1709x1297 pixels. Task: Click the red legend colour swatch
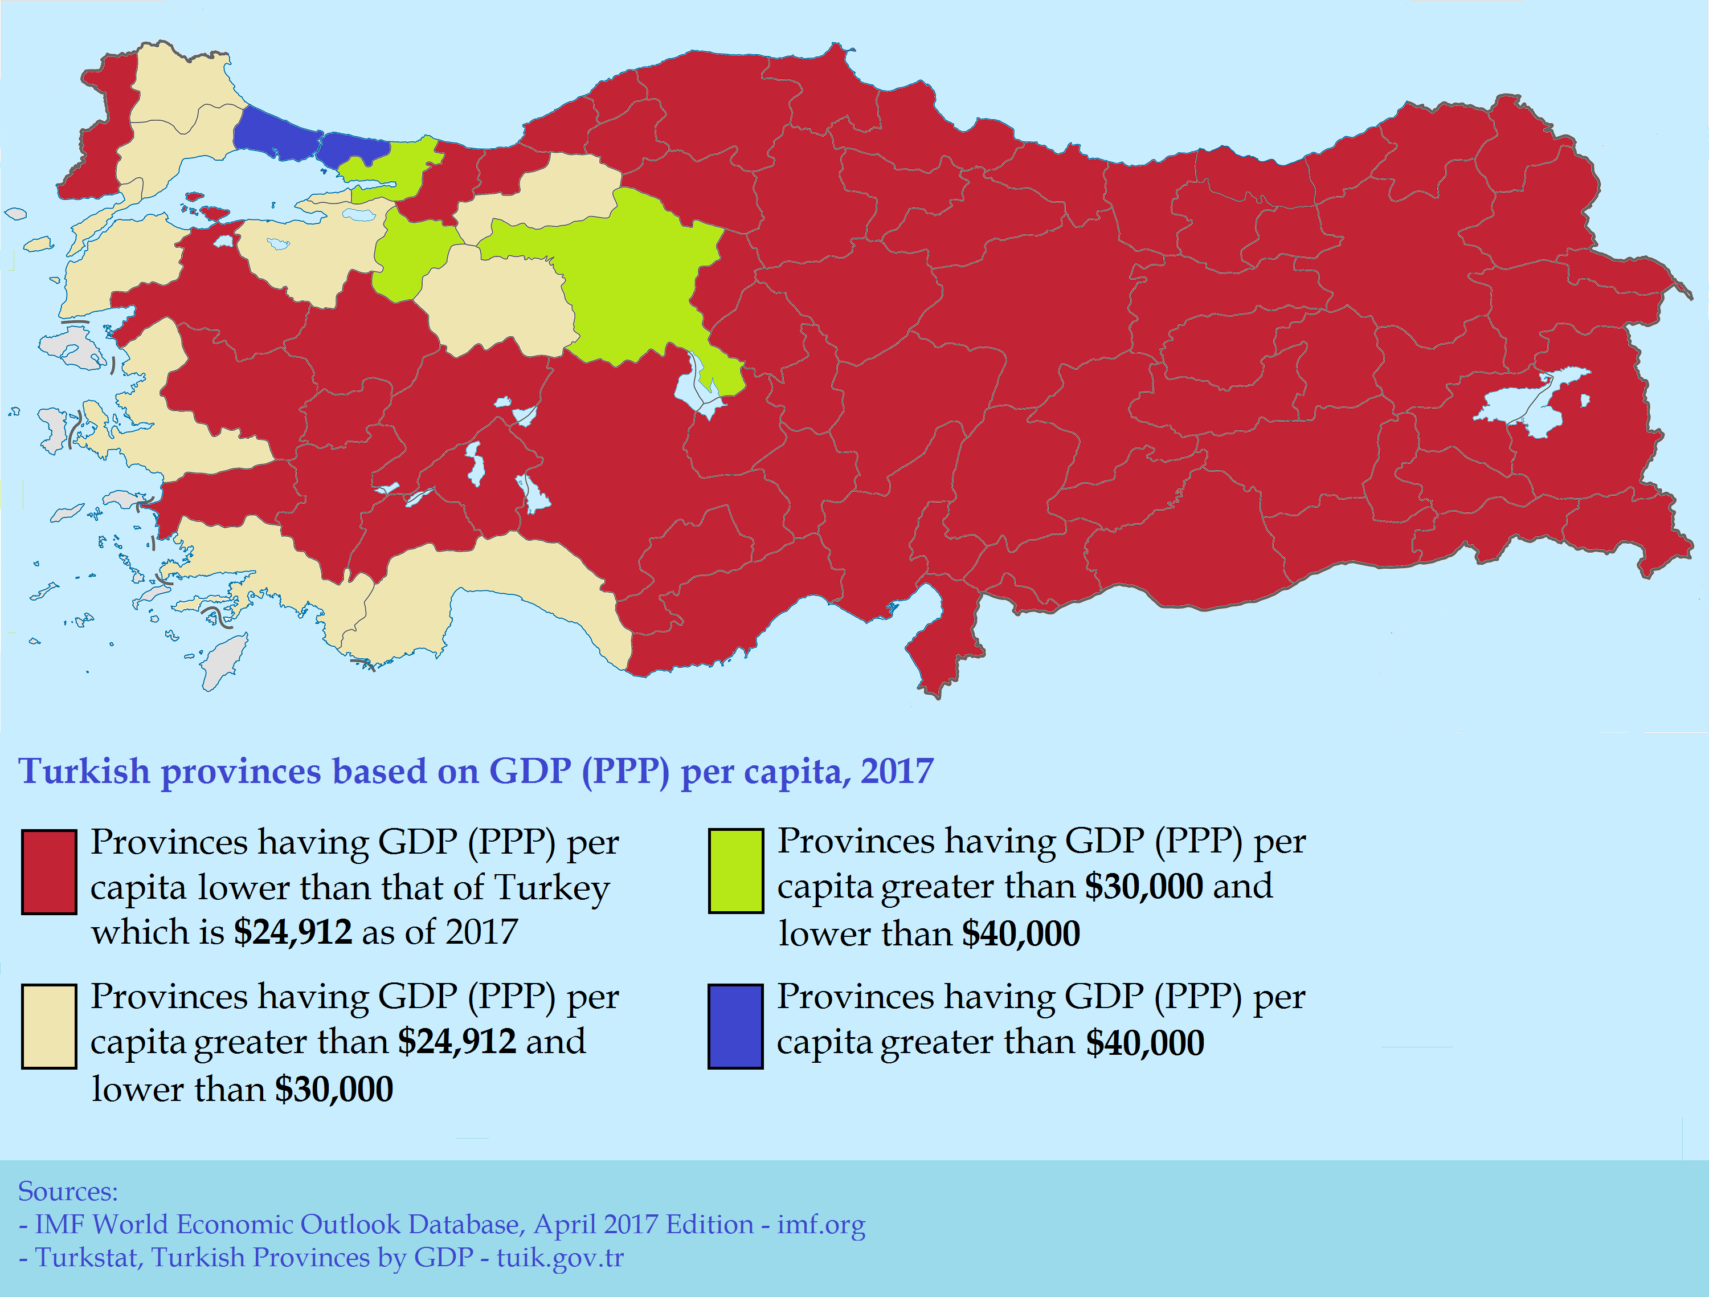[x=48, y=872]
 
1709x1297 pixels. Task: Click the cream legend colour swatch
[x=48, y=1026]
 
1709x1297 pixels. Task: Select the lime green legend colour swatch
[x=735, y=871]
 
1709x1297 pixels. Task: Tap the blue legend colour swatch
[x=735, y=1026]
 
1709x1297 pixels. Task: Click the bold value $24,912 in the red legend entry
[x=293, y=932]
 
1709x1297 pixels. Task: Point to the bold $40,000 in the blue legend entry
[x=1144, y=1043]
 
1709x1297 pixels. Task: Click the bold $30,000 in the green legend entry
[x=1143, y=887]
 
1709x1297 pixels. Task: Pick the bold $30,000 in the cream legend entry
[x=334, y=1090]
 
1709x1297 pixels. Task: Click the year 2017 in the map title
[x=897, y=772]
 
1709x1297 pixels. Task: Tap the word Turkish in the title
[x=83, y=772]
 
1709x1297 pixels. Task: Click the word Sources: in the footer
[x=68, y=1191]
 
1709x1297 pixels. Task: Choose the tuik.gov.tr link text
[x=559, y=1258]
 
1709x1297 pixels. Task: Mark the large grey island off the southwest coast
[x=224, y=661]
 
